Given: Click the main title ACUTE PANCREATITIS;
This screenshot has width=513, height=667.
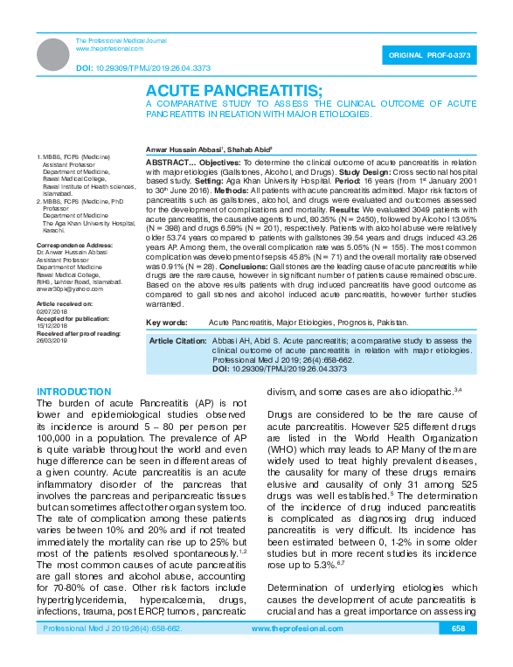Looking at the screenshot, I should [x=233, y=90].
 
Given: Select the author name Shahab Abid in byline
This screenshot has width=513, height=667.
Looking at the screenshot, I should [x=249, y=149].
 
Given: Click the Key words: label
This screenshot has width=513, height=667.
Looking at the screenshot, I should [x=167, y=323].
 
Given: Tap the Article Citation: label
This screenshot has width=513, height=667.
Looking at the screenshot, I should [x=178, y=339].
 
